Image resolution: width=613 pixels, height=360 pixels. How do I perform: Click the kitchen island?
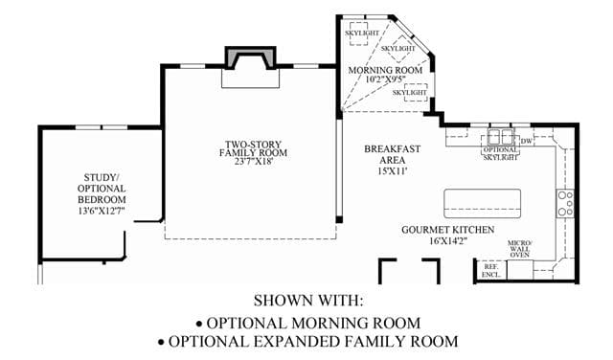483,204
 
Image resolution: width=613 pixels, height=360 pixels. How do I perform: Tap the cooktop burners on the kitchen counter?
565,204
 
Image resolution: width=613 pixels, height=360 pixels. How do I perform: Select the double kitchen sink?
500,137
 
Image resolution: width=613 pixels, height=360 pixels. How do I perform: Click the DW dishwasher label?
526,141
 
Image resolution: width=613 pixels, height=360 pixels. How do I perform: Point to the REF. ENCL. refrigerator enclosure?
491,271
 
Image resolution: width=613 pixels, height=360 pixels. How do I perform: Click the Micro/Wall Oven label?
519,249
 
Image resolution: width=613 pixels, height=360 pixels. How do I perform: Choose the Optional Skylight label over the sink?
500,153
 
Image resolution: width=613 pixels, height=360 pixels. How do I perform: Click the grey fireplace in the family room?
251,56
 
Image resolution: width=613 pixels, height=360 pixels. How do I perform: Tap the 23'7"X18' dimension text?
253,161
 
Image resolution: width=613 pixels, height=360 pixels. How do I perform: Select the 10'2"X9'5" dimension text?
385,79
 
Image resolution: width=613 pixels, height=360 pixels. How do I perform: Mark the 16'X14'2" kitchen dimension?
448,240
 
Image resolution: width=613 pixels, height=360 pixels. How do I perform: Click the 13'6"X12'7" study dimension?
102,211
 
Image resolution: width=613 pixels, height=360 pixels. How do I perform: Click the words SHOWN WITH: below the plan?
308,301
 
